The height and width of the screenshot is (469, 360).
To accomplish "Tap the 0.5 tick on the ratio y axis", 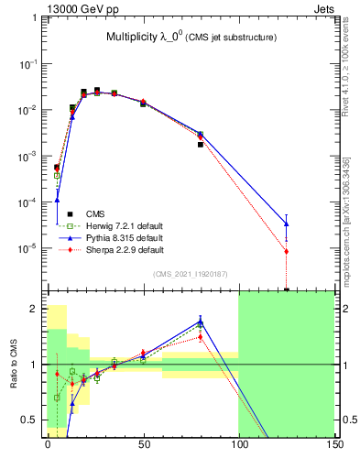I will [x=33, y=420].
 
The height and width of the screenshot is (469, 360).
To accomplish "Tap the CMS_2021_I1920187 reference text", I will [x=190, y=273].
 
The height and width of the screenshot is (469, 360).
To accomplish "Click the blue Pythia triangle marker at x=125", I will [x=286, y=223].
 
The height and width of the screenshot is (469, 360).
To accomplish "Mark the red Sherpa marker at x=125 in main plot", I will [x=286, y=251].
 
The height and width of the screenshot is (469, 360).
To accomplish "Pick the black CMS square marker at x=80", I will [x=200, y=145].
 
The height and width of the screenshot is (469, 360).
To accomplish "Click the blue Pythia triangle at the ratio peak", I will [x=200, y=321].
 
